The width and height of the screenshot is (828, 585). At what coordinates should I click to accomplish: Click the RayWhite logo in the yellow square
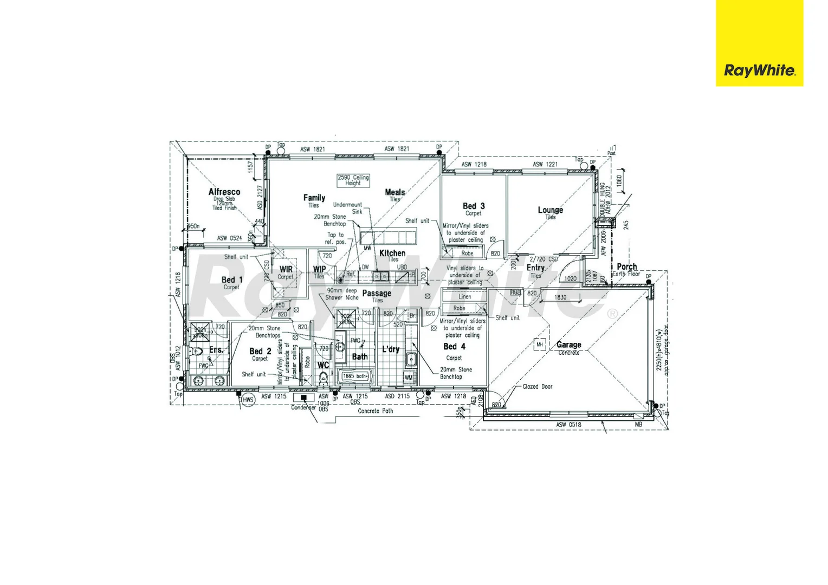[759, 70]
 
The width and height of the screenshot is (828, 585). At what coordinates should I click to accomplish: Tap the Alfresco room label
[224, 192]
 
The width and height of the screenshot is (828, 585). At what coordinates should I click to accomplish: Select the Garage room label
[568, 344]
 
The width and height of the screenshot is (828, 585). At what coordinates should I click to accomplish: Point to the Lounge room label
[550, 210]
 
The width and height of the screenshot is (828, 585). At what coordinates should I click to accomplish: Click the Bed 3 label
[474, 206]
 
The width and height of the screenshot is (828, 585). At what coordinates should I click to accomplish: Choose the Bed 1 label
[232, 279]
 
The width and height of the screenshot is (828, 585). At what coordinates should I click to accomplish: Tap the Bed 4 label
[454, 347]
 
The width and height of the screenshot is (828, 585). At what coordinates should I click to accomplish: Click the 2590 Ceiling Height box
[353, 180]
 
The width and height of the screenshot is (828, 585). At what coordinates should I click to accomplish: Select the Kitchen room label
[392, 253]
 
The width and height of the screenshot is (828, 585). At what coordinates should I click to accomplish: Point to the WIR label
[286, 269]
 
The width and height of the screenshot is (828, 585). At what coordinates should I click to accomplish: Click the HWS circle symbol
[248, 400]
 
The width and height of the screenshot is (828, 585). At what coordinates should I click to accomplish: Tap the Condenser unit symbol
[304, 398]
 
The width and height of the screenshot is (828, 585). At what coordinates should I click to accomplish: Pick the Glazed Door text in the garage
[537, 387]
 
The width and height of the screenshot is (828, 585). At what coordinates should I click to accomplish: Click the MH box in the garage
[539, 344]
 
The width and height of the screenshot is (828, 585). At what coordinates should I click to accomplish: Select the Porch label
[627, 266]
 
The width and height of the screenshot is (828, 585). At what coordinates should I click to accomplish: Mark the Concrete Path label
[375, 411]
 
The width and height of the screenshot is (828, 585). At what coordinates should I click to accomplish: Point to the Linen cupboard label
[464, 297]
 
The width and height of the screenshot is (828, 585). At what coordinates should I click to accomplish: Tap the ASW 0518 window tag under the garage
[568, 425]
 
